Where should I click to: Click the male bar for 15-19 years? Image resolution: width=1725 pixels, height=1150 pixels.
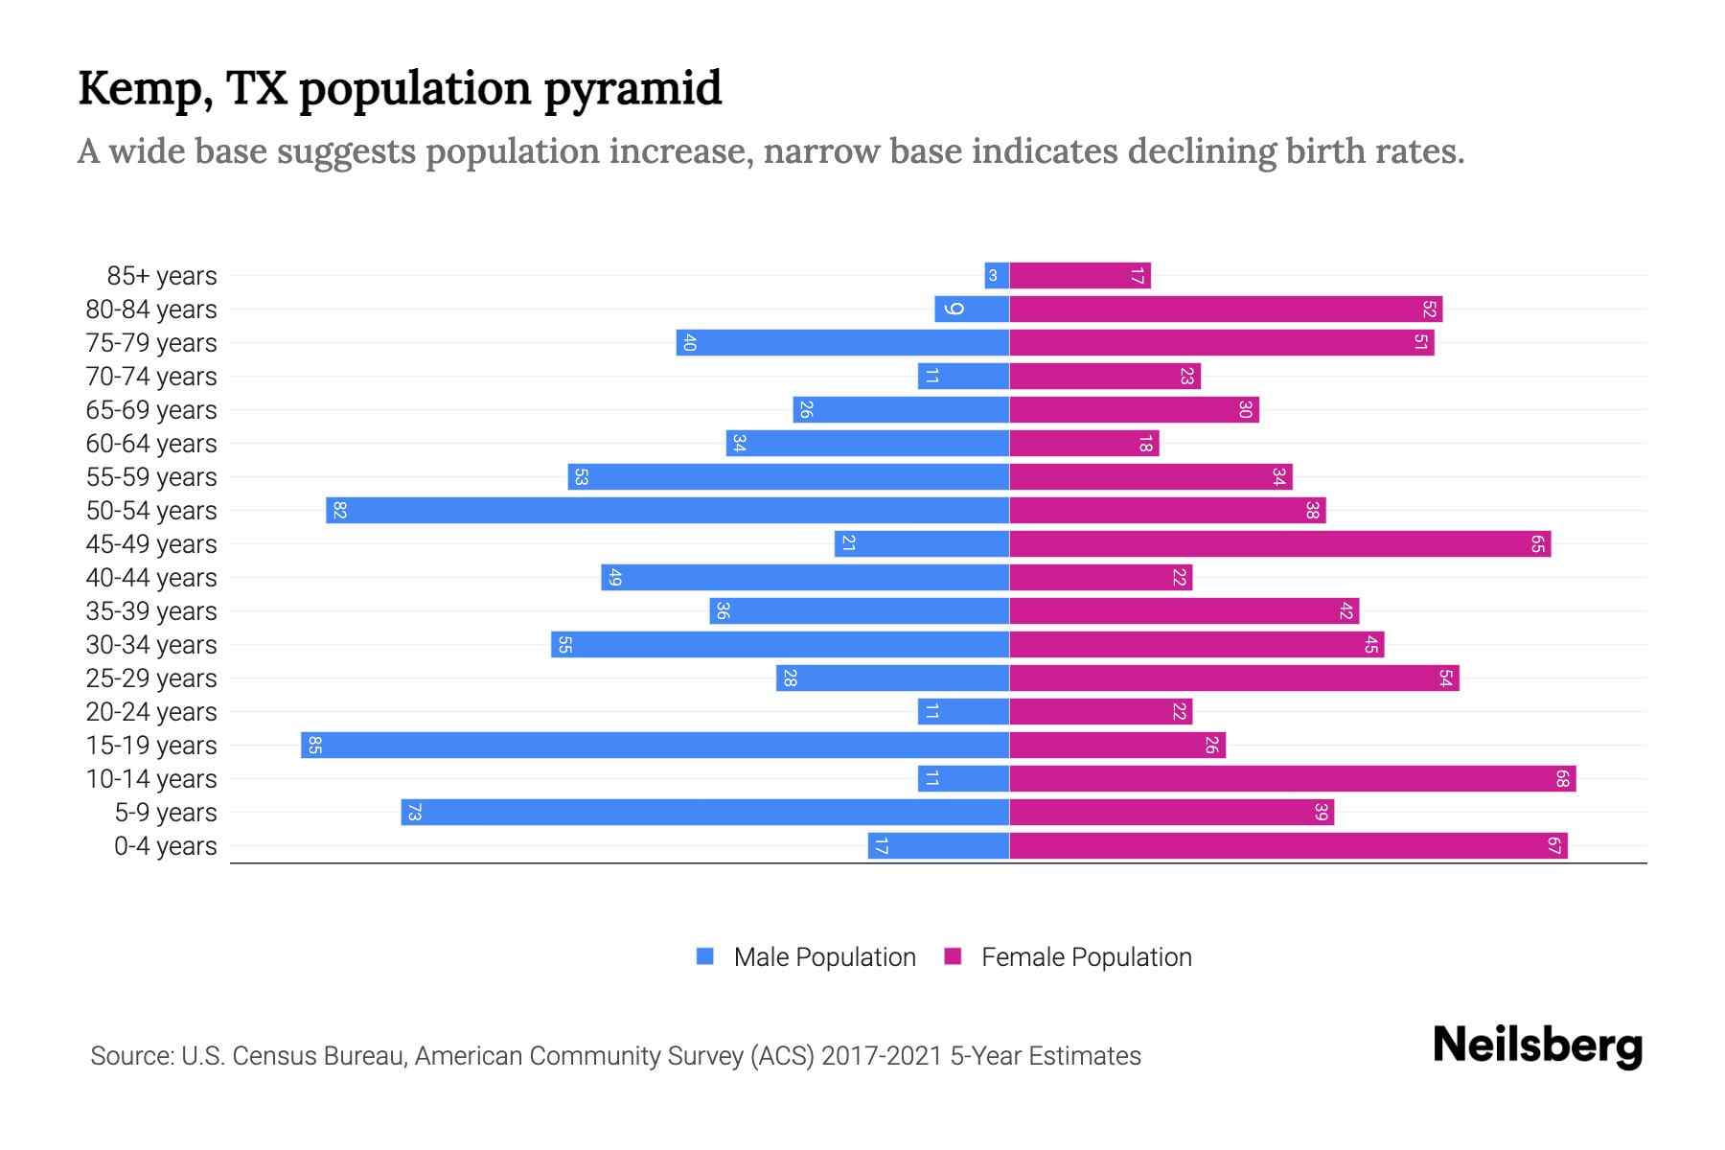tap(655, 745)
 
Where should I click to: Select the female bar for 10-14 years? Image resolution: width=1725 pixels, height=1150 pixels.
tap(1292, 778)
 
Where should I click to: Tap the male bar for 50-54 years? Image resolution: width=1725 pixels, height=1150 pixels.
tap(667, 510)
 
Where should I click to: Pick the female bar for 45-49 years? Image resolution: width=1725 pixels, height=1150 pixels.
tap(1279, 543)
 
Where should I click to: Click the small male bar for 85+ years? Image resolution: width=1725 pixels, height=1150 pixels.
tap(997, 276)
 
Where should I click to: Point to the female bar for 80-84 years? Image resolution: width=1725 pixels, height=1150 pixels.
tap(1225, 309)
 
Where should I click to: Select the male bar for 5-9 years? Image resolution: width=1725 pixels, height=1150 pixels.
tap(704, 812)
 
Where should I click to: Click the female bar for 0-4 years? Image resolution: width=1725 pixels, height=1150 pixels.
tap(1288, 845)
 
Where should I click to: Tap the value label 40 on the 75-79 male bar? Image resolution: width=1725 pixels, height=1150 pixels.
tap(689, 343)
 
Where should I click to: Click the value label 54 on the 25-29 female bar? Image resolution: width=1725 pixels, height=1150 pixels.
tap(1445, 678)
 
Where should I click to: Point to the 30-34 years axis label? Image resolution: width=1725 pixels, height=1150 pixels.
tap(151, 645)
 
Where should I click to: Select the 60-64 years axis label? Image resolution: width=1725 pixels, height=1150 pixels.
tap(151, 444)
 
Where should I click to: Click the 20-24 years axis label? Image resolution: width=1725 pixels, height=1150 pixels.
tap(151, 712)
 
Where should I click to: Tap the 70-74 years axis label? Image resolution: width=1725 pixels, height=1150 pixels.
tap(151, 377)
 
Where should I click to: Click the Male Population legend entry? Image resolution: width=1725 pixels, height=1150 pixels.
tap(824, 956)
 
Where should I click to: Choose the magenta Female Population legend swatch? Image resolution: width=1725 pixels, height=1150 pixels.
tap(953, 956)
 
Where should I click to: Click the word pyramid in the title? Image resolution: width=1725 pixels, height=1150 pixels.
tap(632, 88)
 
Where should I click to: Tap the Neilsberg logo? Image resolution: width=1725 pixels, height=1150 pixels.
tap(1537, 1046)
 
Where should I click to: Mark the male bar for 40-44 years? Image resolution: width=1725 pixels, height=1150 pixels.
tap(805, 577)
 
